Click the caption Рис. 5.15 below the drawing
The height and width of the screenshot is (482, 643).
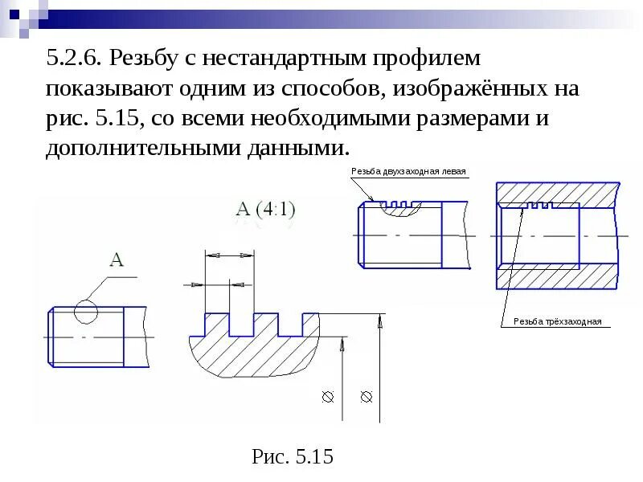tap(293, 457)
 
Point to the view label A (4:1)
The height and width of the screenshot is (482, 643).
tap(265, 210)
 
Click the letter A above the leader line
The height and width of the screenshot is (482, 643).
tap(117, 259)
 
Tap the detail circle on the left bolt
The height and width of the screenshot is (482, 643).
tap(85, 312)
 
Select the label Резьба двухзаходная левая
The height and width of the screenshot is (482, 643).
tap(408, 171)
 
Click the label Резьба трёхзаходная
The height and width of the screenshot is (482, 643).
tap(557, 321)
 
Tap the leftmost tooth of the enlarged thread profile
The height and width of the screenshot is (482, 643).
tap(217, 322)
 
